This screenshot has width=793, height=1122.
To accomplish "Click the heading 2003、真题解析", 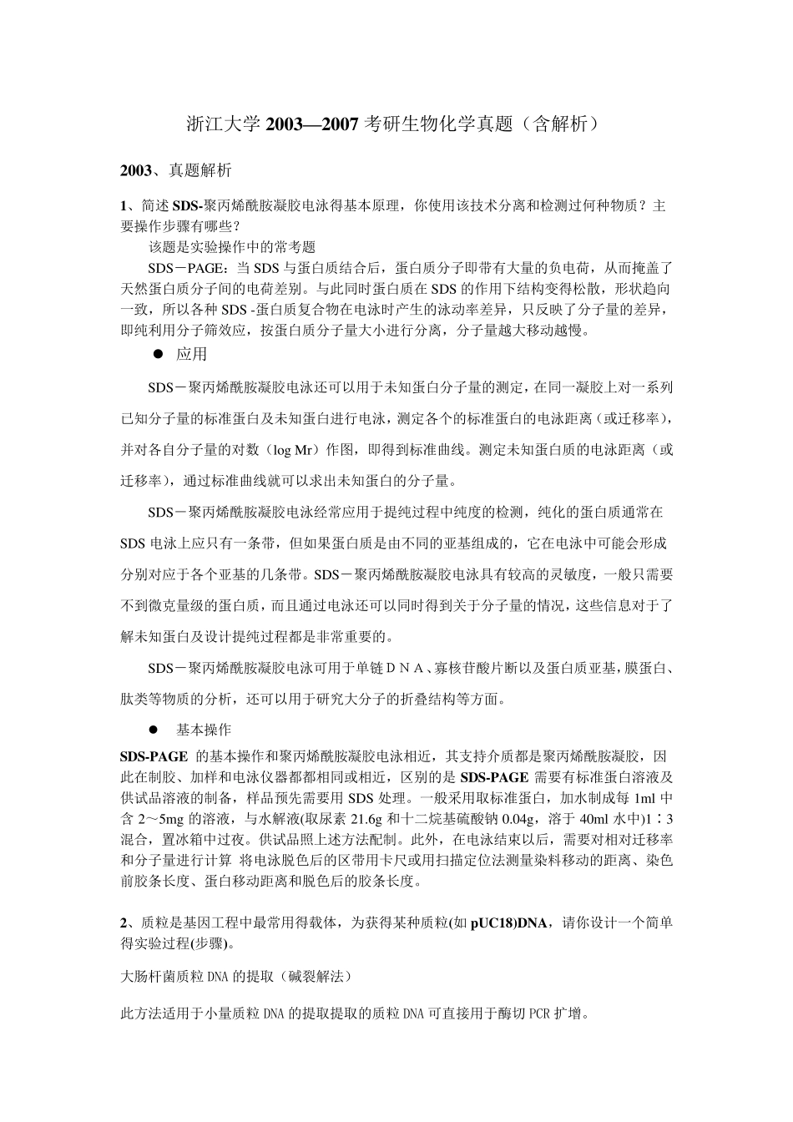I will [175, 170].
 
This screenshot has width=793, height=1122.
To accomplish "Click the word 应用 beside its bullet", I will [192, 354].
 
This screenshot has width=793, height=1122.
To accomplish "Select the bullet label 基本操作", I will [204, 730].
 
